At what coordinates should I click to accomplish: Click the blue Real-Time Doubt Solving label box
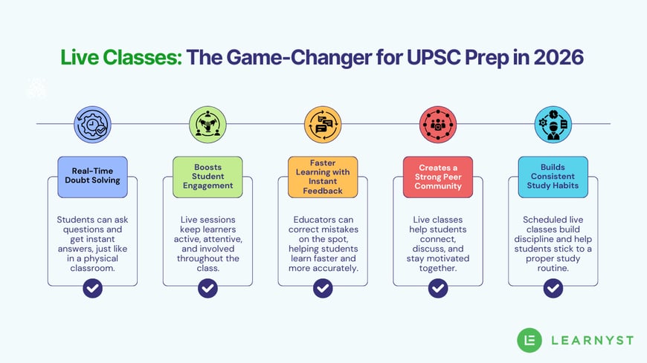pyautogui.click(x=92, y=177)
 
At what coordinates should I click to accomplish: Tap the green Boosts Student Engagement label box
pyautogui.click(x=207, y=177)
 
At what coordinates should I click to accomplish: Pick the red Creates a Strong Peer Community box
pyautogui.click(x=438, y=177)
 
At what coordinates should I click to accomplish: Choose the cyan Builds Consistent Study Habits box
pyautogui.click(x=553, y=177)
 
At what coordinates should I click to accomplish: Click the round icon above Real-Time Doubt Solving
pyautogui.click(x=92, y=124)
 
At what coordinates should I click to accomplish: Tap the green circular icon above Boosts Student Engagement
pyautogui.click(x=207, y=124)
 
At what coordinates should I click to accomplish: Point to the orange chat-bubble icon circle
pyautogui.click(x=323, y=124)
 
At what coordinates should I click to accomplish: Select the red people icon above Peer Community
pyautogui.click(x=438, y=124)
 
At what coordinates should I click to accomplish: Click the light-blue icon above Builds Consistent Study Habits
pyautogui.click(x=553, y=124)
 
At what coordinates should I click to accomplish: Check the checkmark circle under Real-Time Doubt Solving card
pyautogui.click(x=92, y=287)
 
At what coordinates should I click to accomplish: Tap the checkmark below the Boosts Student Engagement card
pyautogui.click(x=207, y=287)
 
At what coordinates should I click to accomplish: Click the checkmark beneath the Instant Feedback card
pyautogui.click(x=323, y=287)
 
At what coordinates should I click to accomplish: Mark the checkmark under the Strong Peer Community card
pyautogui.click(x=438, y=287)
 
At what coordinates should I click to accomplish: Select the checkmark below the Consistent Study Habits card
pyautogui.click(x=553, y=287)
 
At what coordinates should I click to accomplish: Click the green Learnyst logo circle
pyautogui.click(x=529, y=339)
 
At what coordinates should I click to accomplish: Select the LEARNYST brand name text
pyautogui.click(x=592, y=340)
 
